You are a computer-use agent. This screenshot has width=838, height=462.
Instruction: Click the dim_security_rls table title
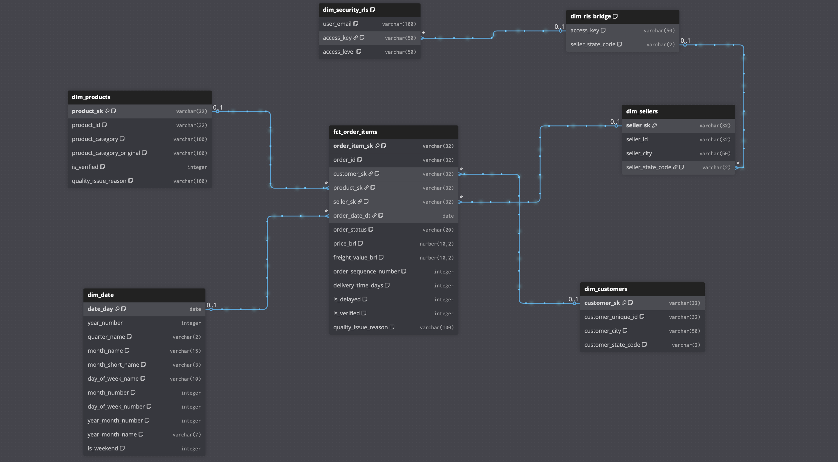point(345,10)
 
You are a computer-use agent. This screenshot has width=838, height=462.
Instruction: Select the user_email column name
point(337,24)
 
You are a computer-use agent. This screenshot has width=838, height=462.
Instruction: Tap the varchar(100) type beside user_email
point(399,24)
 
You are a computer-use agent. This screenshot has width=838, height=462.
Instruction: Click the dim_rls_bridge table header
point(590,16)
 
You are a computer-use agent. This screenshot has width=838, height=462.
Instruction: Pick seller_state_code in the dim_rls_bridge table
point(592,44)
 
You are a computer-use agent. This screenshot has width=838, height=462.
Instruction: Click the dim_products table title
point(91,97)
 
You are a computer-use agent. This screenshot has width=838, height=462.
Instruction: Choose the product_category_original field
point(106,153)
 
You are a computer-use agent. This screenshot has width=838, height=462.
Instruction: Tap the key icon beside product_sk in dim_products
point(107,111)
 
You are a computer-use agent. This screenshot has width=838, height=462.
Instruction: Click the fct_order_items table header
point(355,132)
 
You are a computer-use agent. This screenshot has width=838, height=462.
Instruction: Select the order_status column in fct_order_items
point(350,230)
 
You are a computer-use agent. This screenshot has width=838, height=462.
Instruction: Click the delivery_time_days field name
point(358,285)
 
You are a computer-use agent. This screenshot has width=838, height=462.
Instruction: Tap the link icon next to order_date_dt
point(374,216)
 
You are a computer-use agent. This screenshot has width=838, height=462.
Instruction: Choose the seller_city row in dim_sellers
point(639,153)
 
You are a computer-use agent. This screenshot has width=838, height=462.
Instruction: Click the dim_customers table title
point(605,289)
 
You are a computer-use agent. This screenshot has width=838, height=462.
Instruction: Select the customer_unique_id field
point(611,317)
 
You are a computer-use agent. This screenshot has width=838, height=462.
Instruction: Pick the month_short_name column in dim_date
point(113,365)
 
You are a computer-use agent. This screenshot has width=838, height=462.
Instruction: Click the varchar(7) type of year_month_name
point(186,435)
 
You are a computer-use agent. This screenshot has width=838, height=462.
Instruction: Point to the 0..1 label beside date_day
point(212,305)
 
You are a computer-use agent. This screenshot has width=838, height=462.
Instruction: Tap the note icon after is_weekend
point(122,448)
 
